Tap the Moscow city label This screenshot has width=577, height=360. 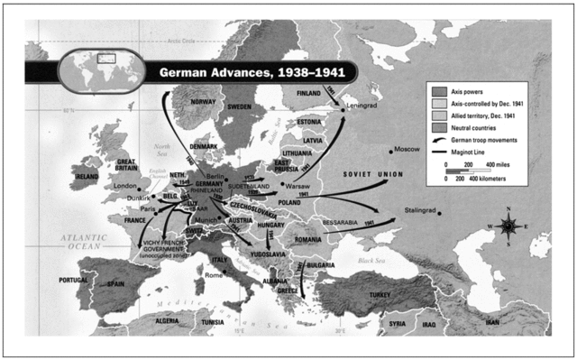409,149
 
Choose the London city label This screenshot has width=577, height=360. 125,187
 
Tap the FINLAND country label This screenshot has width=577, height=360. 308,93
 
